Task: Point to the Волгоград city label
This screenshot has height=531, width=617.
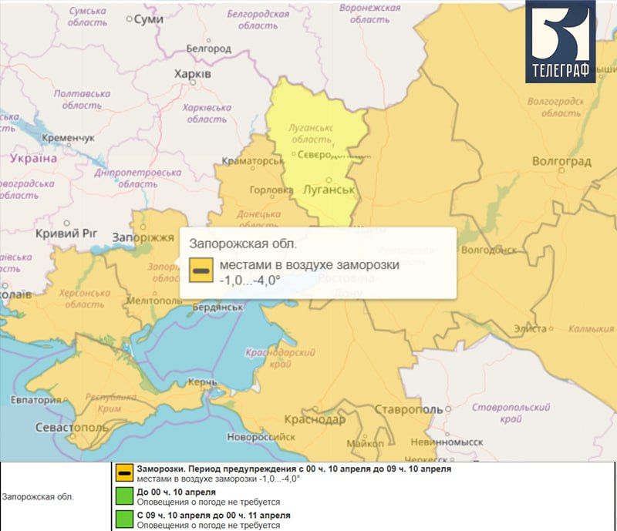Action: pyautogui.click(x=561, y=161)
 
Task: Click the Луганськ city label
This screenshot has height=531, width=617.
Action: pyautogui.click(x=328, y=190)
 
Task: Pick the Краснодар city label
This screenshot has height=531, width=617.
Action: pyautogui.click(x=314, y=419)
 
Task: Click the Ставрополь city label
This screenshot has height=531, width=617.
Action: pyautogui.click(x=410, y=408)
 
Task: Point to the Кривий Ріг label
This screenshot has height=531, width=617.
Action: pyautogui.click(x=69, y=232)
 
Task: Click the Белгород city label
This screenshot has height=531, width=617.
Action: pyautogui.click(x=208, y=49)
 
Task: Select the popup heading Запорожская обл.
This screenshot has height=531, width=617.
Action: pyautogui.click(x=243, y=244)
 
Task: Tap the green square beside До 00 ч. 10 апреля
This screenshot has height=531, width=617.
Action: pyautogui.click(x=123, y=496)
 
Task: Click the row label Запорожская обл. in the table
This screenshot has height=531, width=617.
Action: pyautogui.click(x=38, y=497)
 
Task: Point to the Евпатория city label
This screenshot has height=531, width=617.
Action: pyautogui.click(x=36, y=400)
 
